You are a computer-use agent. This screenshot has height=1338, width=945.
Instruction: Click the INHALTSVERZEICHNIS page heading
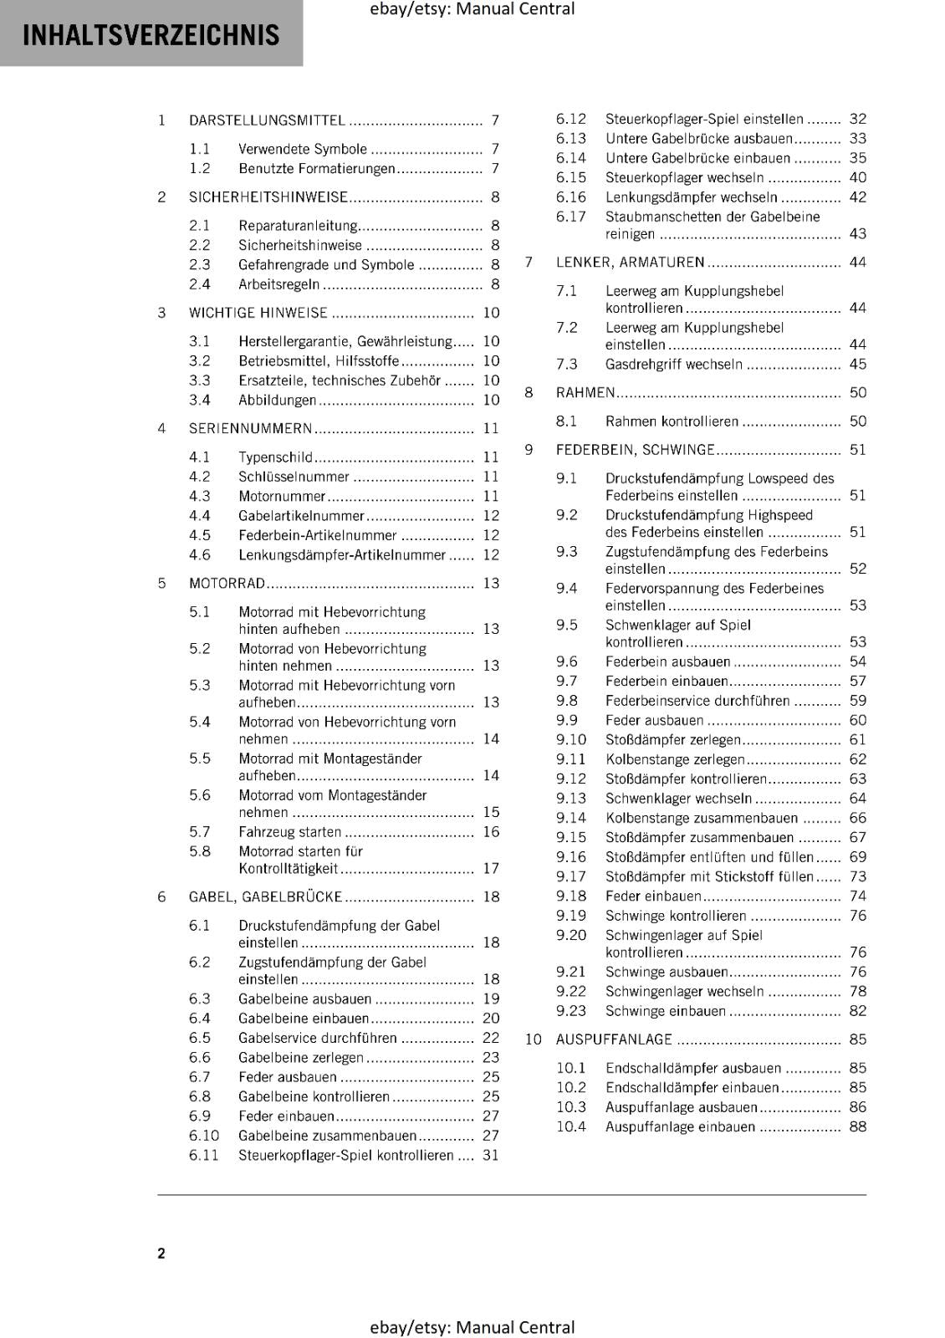(151, 35)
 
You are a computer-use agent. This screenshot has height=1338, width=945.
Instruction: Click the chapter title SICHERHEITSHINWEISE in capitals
(268, 197)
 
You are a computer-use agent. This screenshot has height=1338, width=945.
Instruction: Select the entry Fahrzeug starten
(289, 832)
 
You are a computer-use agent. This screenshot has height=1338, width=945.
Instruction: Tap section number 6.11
(203, 1156)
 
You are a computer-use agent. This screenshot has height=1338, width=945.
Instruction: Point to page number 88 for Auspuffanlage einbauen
(857, 1127)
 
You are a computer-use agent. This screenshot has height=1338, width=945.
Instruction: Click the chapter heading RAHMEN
(585, 393)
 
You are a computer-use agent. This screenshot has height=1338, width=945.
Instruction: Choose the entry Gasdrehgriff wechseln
(673, 365)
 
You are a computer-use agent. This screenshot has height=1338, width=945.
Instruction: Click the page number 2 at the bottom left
(161, 1253)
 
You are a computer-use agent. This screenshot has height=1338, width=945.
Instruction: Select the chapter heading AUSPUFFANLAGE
(614, 1039)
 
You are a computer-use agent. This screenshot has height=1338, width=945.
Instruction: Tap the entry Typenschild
(275, 457)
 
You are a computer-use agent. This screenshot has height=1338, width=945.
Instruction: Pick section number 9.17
(570, 877)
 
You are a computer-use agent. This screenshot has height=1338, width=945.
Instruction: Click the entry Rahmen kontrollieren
(672, 421)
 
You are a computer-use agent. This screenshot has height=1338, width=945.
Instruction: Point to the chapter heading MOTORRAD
(227, 584)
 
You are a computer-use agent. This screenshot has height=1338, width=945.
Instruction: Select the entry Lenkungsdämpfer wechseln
(691, 197)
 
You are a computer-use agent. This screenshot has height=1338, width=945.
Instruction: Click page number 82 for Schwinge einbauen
(857, 1011)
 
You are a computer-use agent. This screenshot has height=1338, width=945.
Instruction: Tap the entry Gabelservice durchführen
(317, 1039)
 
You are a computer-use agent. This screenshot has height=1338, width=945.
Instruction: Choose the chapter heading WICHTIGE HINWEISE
(258, 313)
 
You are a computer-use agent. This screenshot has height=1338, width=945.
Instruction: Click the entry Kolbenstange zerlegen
(674, 759)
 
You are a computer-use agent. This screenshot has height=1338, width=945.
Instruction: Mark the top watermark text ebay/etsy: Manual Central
(472, 9)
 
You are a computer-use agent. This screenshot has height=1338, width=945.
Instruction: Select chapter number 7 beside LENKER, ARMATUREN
(529, 263)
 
